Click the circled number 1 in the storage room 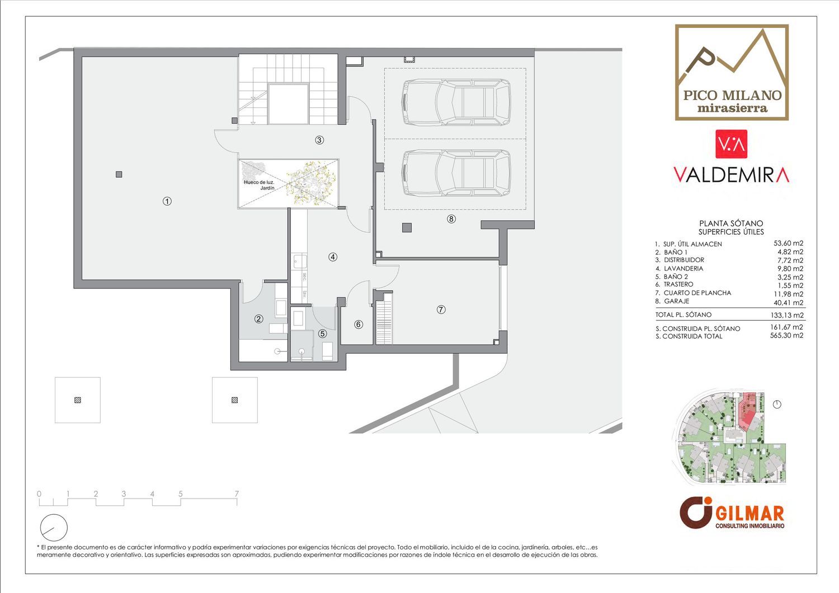tap(167, 201)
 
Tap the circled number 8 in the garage tap(451, 219)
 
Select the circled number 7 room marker tap(441, 310)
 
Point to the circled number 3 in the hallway tap(319, 140)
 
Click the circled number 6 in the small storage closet tap(359, 324)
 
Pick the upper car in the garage tap(456, 102)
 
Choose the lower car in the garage tap(456, 173)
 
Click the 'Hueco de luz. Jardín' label tap(259, 185)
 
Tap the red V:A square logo tap(731, 144)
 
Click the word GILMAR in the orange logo tap(750, 513)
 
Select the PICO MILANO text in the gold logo tap(732, 95)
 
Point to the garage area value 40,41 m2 tap(789, 302)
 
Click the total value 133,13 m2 tap(788, 315)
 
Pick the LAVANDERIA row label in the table tap(684, 268)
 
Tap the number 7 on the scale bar tap(237, 494)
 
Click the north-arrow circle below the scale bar tap(54, 528)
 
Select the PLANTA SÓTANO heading tap(731, 224)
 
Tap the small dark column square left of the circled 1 tap(119, 174)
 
